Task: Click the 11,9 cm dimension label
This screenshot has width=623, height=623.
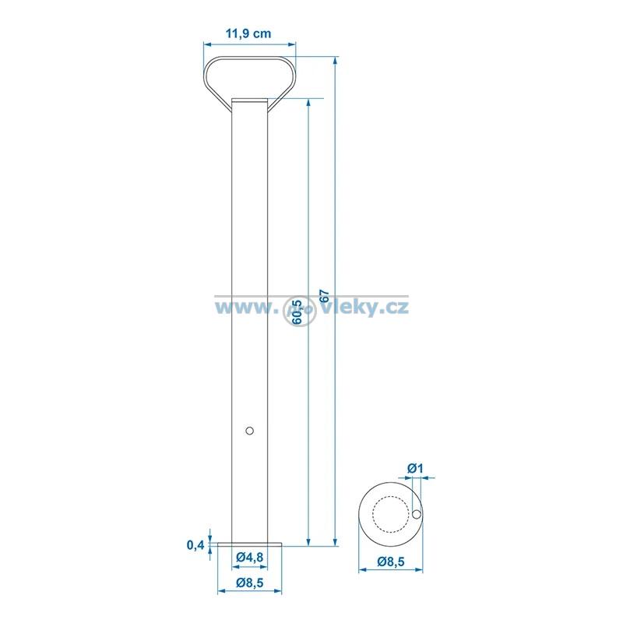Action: click(x=248, y=33)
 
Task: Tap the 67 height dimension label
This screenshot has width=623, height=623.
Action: click(x=325, y=296)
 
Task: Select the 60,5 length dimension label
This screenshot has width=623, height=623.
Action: click(x=297, y=313)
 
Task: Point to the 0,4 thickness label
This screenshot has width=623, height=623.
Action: click(x=195, y=544)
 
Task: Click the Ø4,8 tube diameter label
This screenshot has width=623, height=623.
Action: click(x=249, y=557)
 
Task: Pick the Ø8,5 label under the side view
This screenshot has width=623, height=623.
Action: click(x=249, y=583)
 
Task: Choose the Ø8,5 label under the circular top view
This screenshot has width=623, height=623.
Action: click(x=391, y=561)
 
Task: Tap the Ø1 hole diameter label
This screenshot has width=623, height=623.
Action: click(x=416, y=469)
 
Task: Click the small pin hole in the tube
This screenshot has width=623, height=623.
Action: click(x=249, y=431)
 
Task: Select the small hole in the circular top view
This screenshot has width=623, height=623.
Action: click(x=417, y=514)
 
